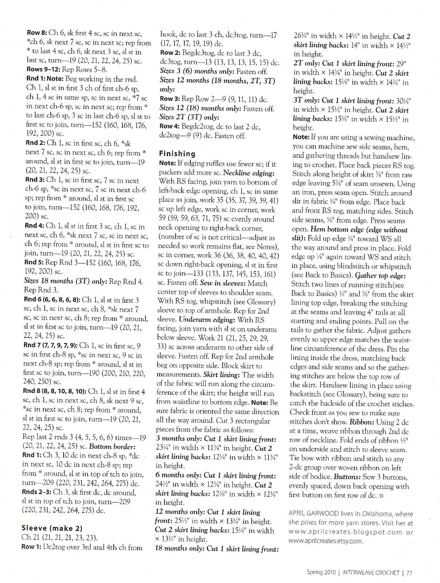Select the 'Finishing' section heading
click(177, 153)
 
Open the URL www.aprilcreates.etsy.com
click(325, 541)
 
